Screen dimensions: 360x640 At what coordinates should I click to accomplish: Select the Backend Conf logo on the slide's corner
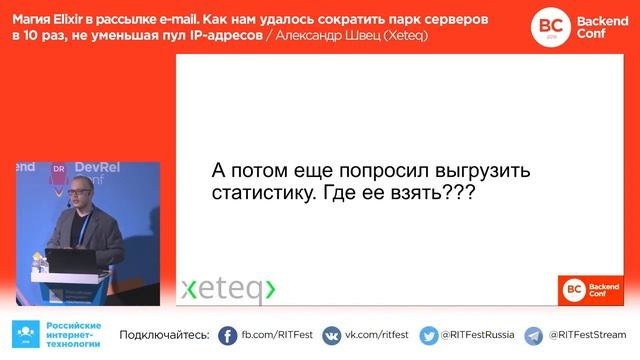click(x=591, y=288)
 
